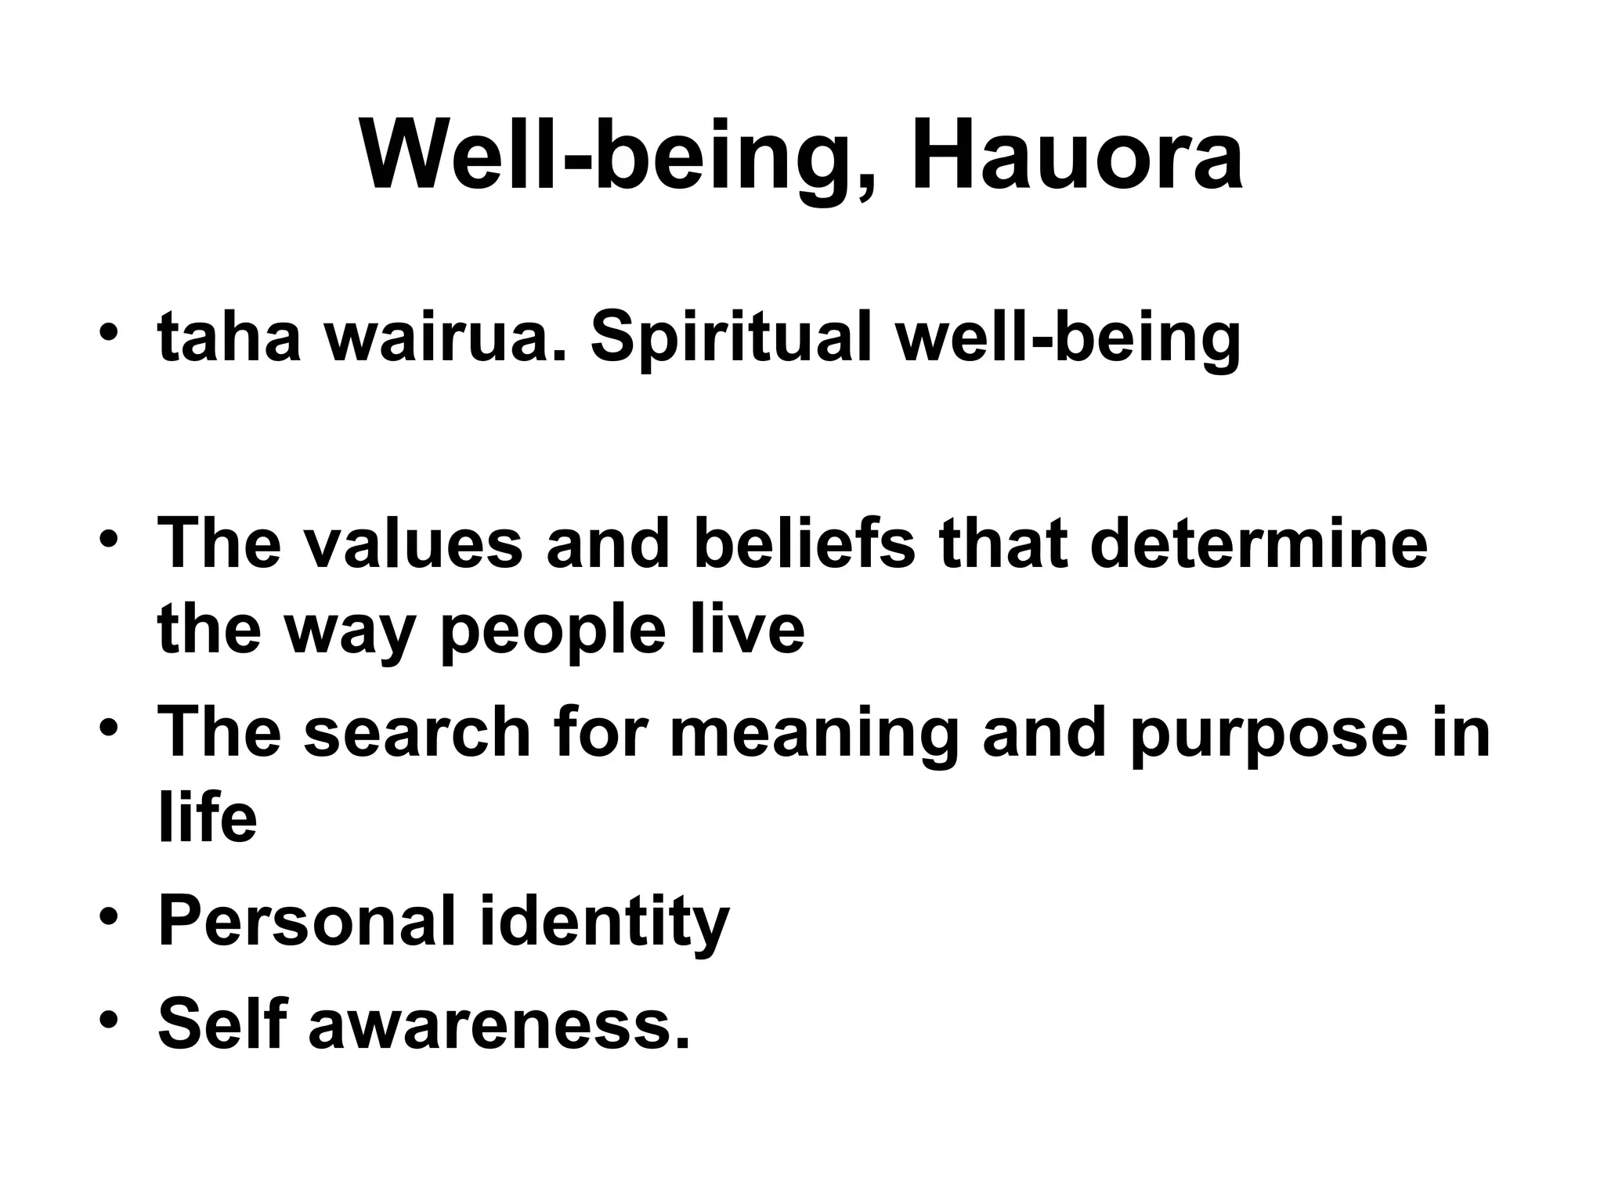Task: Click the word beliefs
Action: click(x=804, y=544)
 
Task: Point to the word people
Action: click(x=553, y=633)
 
